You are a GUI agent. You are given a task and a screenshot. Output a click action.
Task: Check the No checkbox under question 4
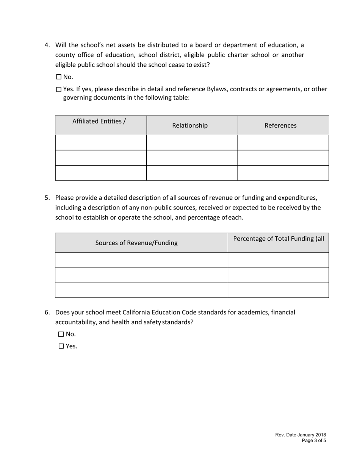tap(59, 77)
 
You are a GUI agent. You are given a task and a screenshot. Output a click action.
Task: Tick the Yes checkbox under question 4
tap(59, 89)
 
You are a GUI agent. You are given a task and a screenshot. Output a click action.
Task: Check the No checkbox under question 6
tap(61, 334)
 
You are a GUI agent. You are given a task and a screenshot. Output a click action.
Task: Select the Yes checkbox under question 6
tap(61, 346)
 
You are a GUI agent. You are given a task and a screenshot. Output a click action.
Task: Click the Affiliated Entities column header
tap(99, 121)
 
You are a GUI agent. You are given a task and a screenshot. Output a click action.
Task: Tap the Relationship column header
tap(190, 125)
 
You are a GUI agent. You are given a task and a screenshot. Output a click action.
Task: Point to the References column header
tap(280, 125)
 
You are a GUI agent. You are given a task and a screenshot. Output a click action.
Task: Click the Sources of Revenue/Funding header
tap(136, 243)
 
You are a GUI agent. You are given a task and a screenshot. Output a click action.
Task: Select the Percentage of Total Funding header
tap(279, 239)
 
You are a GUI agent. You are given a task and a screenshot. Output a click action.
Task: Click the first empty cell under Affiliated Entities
tap(101, 142)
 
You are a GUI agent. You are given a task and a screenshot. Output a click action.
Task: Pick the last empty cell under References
tap(283, 173)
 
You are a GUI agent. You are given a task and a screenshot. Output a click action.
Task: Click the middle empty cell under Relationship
tap(192, 158)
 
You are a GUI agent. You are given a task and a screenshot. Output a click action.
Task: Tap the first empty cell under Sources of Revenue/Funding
tap(141, 260)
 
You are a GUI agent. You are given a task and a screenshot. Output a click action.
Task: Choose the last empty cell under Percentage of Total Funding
tap(278, 290)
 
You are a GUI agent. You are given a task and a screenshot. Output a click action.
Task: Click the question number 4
tap(47, 45)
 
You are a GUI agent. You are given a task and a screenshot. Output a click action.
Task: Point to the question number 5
tap(47, 198)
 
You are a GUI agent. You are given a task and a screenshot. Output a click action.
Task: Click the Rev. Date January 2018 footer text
tap(300, 435)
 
